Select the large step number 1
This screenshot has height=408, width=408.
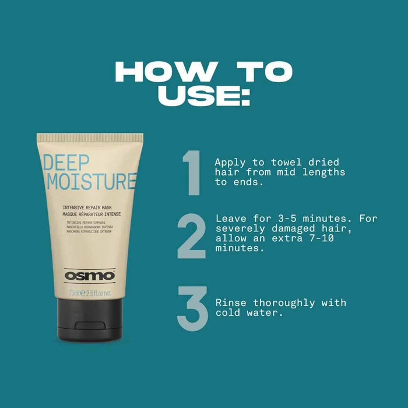click(x=191, y=173)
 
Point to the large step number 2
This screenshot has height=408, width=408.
click(x=191, y=235)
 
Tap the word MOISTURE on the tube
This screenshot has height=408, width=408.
click(x=91, y=181)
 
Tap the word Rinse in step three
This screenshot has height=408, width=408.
click(x=229, y=303)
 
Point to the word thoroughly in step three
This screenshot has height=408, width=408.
click(x=280, y=303)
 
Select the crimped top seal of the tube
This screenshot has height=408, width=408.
click(x=90, y=138)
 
